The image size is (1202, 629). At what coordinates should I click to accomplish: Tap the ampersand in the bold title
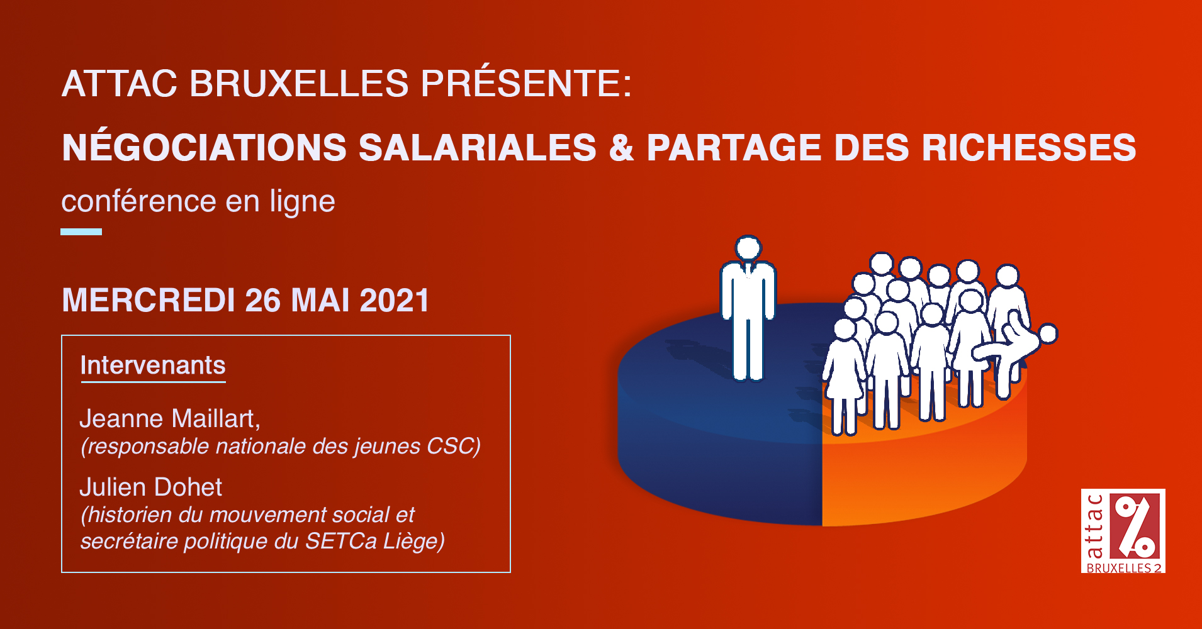point(621,148)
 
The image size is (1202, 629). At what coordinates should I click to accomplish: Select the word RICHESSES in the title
point(1029,148)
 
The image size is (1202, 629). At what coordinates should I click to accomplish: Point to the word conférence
point(139,201)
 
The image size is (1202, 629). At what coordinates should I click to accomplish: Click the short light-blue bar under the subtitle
point(81,231)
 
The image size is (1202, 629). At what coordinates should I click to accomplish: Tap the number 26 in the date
point(262,300)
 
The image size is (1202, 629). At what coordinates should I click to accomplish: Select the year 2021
point(395,300)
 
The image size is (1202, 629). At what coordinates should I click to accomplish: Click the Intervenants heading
point(153,365)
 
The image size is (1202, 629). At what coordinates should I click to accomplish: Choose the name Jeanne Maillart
point(170,419)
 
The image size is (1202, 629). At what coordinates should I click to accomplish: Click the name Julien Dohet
point(151,487)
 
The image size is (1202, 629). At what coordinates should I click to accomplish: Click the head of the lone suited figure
point(748,248)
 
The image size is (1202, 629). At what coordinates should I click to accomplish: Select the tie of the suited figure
point(748,270)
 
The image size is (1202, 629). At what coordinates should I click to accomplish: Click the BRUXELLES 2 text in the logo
point(1124,567)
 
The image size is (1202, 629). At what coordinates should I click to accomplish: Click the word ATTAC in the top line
point(120,83)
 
